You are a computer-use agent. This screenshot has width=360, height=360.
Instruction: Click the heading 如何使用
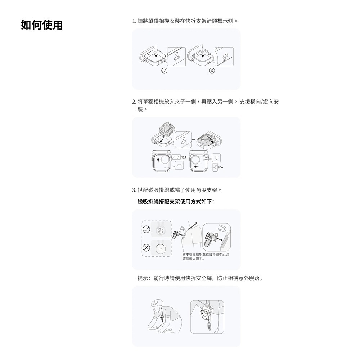tap(41, 25)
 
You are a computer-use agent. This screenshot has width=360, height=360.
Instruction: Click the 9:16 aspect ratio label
tap(221, 167)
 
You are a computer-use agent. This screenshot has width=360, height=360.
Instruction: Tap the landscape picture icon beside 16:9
tap(177, 157)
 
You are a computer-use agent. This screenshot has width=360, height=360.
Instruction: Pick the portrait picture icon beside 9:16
tap(215, 167)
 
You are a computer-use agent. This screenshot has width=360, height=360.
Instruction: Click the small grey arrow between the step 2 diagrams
tap(193, 139)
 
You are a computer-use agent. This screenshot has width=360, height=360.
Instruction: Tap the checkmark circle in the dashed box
tap(147, 229)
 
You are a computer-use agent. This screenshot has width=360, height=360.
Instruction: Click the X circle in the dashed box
tap(147, 248)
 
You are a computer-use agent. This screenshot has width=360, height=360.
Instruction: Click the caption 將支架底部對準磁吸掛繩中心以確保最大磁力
tap(206, 256)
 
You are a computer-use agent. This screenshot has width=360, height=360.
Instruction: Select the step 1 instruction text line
tap(185, 21)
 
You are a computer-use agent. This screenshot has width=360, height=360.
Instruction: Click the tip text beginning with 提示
tap(200, 278)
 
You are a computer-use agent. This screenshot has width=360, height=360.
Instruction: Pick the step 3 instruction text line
tap(176, 189)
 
